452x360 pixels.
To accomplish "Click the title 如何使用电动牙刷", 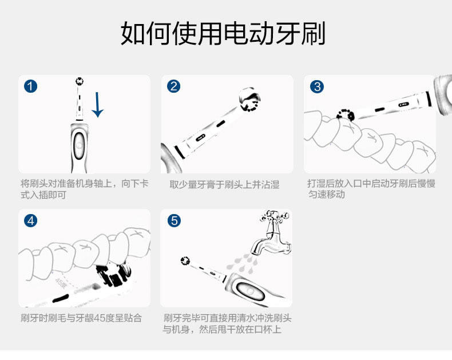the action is (x=223, y=33).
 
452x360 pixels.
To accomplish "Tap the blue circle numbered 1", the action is (x=30, y=86).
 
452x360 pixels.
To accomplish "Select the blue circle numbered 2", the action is (x=173, y=86).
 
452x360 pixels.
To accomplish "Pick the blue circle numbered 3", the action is (x=317, y=86).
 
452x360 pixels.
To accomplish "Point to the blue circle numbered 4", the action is (x=30, y=221).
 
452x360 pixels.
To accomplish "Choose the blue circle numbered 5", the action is (x=174, y=221).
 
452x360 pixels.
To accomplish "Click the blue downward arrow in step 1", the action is (x=97, y=105).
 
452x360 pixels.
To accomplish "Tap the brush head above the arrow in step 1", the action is (x=80, y=81).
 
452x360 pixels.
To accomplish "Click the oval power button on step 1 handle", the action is (x=79, y=144).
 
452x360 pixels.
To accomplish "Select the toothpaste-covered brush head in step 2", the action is (x=249, y=100).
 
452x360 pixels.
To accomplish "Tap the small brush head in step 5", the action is (x=185, y=260).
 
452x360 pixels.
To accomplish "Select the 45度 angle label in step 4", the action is (x=61, y=283).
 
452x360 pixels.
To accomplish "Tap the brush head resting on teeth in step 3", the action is (x=346, y=114).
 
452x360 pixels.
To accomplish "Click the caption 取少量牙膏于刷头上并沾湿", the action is (x=224, y=184).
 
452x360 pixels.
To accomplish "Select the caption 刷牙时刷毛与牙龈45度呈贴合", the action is (x=81, y=318).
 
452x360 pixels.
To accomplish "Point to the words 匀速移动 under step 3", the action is (x=326, y=194).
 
